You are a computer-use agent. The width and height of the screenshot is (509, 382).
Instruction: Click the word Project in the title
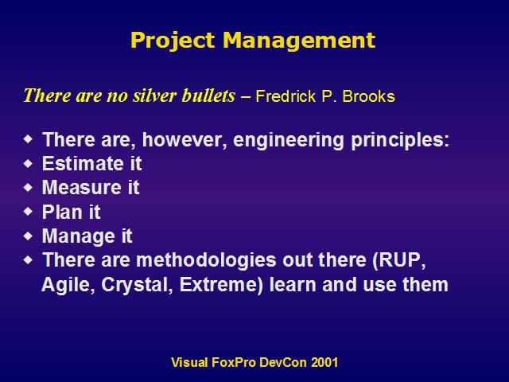point(173,41)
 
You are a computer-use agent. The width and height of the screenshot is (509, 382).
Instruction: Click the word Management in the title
point(299,41)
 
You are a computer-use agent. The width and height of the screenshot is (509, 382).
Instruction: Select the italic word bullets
point(208,95)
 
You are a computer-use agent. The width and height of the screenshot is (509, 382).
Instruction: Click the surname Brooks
point(368,96)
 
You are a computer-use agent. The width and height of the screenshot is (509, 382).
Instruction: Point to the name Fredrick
point(286,96)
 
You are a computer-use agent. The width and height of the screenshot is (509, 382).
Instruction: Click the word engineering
point(288,140)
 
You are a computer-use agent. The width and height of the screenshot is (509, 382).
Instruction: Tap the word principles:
point(400,140)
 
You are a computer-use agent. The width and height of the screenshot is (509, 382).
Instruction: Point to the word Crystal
point(137,285)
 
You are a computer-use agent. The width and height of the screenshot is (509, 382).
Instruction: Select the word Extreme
point(221,285)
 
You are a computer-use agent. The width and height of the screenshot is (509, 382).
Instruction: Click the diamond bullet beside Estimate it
point(29,163)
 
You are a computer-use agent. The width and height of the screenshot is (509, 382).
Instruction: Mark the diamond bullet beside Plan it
point(29,212)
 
